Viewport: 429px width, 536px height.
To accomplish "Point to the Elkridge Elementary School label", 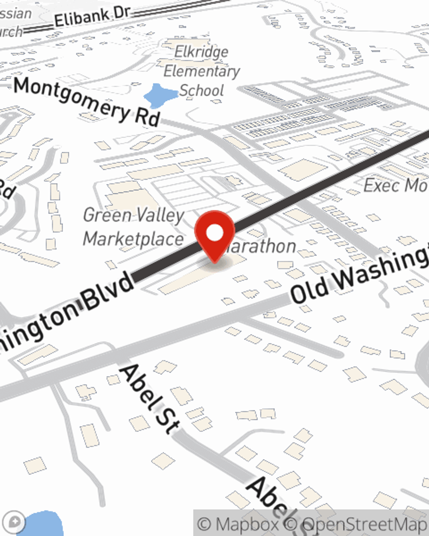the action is [x=201, y=71].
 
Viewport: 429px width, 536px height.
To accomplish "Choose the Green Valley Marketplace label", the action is [x=133, y=226].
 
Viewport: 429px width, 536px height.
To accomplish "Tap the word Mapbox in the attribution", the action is [x=247, y=524].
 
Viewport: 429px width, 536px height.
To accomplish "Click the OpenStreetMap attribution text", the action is [x=365, y=524].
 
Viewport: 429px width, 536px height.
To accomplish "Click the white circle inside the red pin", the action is [x=214, y=233].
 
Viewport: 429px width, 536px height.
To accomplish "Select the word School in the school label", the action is [x=202, y=90].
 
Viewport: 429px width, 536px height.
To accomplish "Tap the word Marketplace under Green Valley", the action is [x=133, y=239].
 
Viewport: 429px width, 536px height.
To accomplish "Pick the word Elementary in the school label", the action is [x=202, y=71].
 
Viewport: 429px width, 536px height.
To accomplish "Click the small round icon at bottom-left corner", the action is [x=14, y=521].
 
